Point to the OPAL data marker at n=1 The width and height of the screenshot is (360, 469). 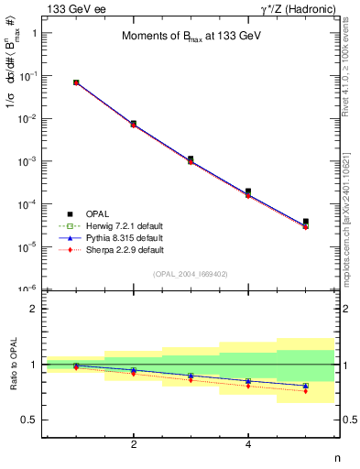pyautogui.click(x=76, y=82)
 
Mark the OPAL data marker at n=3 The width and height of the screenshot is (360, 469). pyautogui.click(x=191, y=158)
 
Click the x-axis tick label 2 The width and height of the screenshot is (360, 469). pyautogui.click(x=134, y=445)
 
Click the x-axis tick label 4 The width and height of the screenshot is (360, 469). pyautogui.click(x=248, y=445)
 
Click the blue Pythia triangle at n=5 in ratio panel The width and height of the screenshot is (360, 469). pyautogui.click(x=306, y=386)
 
